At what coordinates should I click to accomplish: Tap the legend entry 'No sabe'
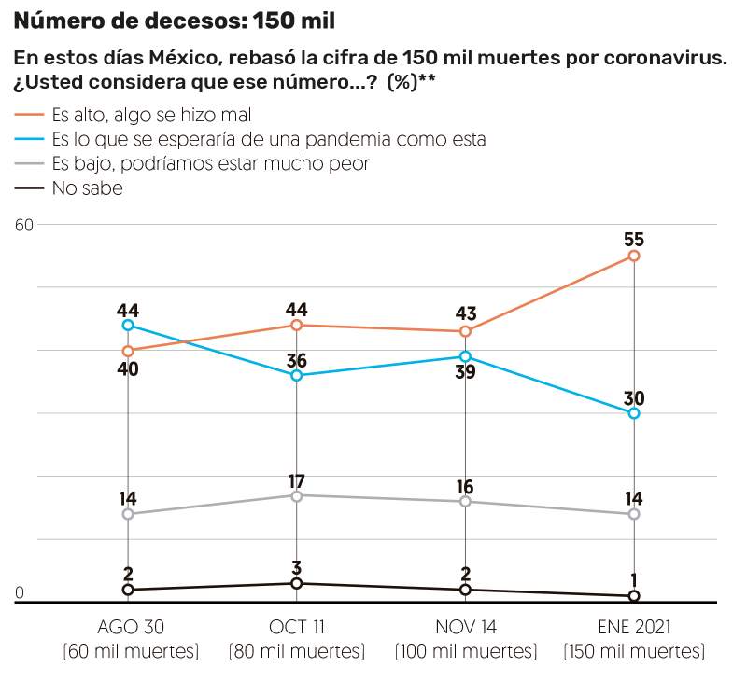(x=88, y=188)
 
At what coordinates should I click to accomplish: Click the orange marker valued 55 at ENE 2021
(x=634, y=256)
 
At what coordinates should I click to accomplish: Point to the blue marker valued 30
(x=634, y=413)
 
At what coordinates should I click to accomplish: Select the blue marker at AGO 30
(x=128, y=326)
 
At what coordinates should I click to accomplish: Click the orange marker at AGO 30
(x=128, y=351)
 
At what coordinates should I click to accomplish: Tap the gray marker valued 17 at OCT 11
(x=297, y=495)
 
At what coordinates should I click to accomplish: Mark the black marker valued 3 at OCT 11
(x=297, y=584)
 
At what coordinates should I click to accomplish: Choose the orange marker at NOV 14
(x=465, y=331)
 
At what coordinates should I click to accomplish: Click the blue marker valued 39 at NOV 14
(x=465, y=356)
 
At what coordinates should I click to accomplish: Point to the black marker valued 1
(x=634, y=596)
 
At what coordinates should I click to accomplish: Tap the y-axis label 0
(x=19, y=591)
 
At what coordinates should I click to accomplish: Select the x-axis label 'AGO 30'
(x=128, y=626)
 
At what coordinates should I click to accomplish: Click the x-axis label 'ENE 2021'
(x=634, y=626)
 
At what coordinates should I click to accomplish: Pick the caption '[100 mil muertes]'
(x=465, y=650)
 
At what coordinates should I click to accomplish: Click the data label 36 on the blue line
(x=297, y=360)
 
